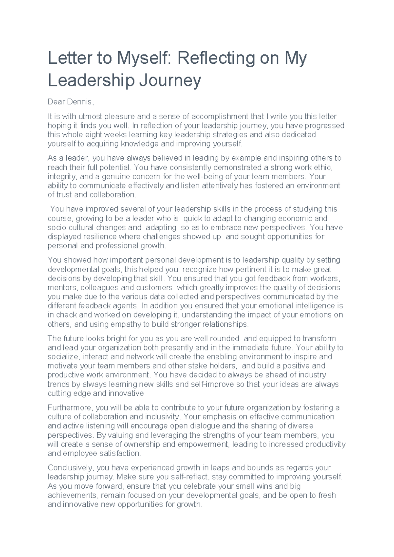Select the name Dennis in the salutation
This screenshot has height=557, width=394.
(x=80, y=102)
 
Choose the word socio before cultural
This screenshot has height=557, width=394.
(x=56, y=227)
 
